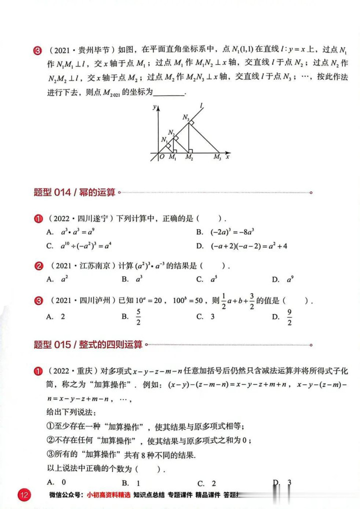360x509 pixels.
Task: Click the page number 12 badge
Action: tap(24, 495)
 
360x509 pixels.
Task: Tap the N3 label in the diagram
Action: tap(186, 118)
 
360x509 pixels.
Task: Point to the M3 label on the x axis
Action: tap(217, 158)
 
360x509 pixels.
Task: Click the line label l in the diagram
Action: tap(201, 105)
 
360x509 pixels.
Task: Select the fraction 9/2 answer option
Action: tap(289, 316)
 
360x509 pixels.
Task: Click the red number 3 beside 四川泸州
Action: tap(38, 301)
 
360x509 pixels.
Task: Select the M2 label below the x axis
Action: tap(189, 158)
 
